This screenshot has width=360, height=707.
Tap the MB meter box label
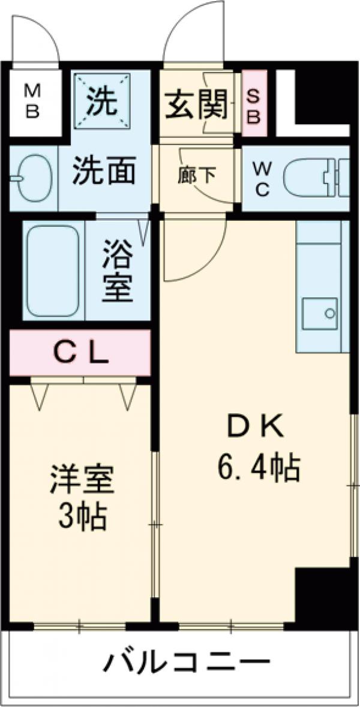[x=32, y=102]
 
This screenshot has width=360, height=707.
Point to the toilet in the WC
[x=312, y=179]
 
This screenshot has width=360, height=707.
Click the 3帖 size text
[x=82, y=517]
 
